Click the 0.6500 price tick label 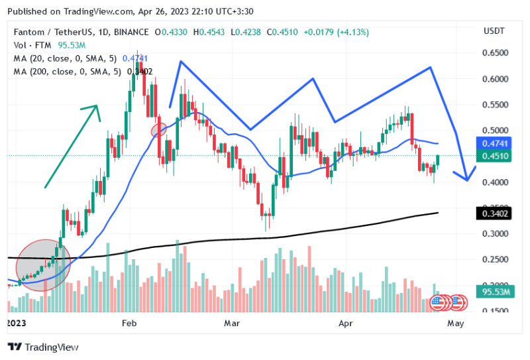494,53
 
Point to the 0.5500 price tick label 494,105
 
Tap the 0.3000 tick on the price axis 494,234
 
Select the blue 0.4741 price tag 493,143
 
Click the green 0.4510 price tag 493,156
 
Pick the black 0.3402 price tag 493,213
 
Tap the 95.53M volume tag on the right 495,291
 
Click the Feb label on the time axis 129,323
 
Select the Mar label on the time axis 231,323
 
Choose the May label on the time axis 455,323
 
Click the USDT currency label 494,31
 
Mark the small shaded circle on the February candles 159,130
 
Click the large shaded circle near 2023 43,265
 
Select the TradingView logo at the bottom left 43,347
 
